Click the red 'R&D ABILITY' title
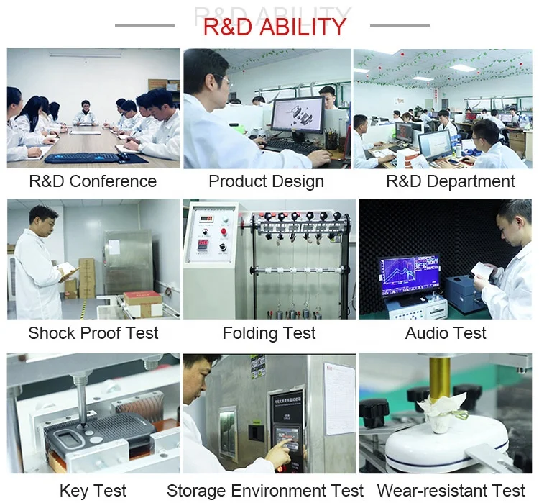click(x=275, y=27)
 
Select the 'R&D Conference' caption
click(x=93, y=181)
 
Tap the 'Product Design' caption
click(x=266, y=181)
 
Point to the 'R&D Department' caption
click(x=451, y=181)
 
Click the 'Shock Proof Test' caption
click(x=93, y=333)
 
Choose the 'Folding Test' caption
click(x=269, y=333)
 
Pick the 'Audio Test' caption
click(x=446, y=333)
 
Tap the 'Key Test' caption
click(x=93, y=491)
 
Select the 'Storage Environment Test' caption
click(x=265, y=491)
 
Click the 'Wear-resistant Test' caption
click(x=451, y=491)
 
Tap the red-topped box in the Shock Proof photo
click(x=142, y=302)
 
